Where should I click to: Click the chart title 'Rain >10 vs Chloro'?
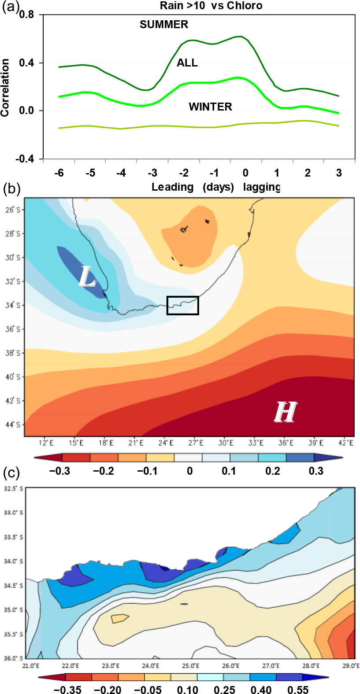(x=211, y=6)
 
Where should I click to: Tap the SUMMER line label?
(x=164, y=25)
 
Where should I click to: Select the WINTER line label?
(x=210, y=107)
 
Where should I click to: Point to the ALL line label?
(x=187, y=63)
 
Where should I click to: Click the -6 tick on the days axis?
(x=59, y=173)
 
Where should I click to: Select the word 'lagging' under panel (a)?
(x=262, y=187)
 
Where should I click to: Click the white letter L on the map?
(x=87, y=277)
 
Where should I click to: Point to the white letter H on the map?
(x=285, y=412)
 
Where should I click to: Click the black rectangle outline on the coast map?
(x=183, y=306)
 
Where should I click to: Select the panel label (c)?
(x=11, y=473)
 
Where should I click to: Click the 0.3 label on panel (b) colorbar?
(x=316, y=471)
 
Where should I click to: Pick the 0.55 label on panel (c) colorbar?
(x=298, y=689)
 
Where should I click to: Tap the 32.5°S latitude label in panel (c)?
(x=14, y=489)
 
